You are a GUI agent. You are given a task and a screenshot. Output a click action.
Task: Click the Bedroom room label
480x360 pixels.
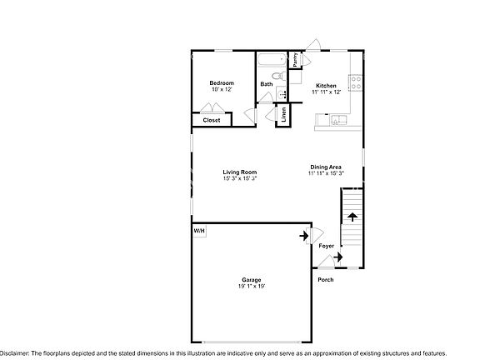point(221,82)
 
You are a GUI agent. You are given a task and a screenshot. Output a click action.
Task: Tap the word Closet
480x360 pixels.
point(212,120)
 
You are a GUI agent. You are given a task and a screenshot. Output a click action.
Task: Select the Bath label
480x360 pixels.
point(266,84)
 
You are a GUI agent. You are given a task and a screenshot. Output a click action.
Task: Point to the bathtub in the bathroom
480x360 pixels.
point(271,60)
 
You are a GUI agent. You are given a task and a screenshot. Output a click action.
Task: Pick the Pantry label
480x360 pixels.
point(295,60)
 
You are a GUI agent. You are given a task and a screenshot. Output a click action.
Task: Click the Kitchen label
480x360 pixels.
point(326,86)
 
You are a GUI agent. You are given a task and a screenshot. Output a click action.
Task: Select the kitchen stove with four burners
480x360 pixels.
point(356,82)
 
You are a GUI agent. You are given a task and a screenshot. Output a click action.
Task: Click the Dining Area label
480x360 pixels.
point(325,167)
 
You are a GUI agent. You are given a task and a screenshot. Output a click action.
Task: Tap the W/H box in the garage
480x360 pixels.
point(200,230)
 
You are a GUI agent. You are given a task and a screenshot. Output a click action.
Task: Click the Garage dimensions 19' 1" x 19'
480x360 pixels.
point(252,287)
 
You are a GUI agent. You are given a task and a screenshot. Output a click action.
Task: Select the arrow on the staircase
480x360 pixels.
point(352,217)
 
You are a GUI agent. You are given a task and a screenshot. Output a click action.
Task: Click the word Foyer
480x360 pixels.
point(327,246)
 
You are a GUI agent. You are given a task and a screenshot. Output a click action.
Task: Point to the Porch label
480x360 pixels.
point(327,279)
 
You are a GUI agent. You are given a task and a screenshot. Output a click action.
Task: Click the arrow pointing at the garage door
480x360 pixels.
point(303,236)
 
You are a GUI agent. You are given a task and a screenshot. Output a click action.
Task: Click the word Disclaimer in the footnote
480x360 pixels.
point(15,354)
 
